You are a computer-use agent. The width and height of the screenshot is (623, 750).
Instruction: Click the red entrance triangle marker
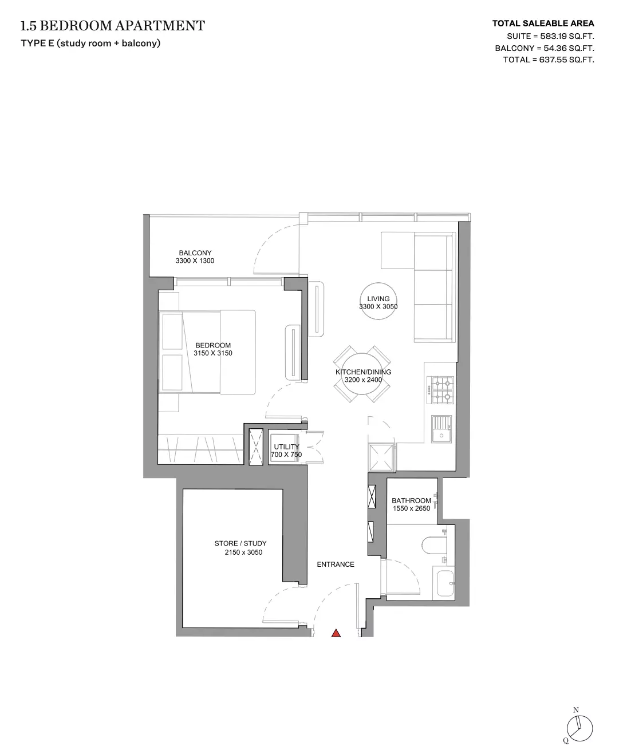[336, 633]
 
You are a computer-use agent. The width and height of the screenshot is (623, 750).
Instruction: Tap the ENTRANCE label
[336, 565]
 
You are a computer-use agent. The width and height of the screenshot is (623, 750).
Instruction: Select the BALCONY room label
[195, 253]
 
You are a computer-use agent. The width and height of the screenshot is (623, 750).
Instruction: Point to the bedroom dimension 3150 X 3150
[213, 353]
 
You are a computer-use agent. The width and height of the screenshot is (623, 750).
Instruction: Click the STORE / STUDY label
[240, 543]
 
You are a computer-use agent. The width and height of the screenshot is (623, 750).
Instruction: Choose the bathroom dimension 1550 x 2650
[411, 508]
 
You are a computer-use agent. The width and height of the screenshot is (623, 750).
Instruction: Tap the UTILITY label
[286, 447]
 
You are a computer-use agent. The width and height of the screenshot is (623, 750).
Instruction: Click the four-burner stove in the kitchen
[440, 390]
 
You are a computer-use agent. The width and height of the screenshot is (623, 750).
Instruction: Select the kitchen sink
[441, 429]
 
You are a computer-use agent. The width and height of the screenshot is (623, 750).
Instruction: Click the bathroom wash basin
[445, 584]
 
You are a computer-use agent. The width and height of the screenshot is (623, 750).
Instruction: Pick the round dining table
[362, 374]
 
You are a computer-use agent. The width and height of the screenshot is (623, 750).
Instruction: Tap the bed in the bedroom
[207, 352]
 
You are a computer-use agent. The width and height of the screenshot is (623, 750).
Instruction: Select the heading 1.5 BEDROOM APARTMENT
[112, 26]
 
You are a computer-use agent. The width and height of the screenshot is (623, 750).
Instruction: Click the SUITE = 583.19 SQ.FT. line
[550, 36]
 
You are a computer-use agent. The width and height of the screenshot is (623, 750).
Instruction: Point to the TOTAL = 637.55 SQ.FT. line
[549, 60]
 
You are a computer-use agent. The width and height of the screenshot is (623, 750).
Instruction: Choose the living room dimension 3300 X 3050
[378, 306]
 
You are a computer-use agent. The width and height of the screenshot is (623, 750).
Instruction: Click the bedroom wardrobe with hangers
[200, 449]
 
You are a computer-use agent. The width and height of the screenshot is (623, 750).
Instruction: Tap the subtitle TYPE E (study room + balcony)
[90, 44]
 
